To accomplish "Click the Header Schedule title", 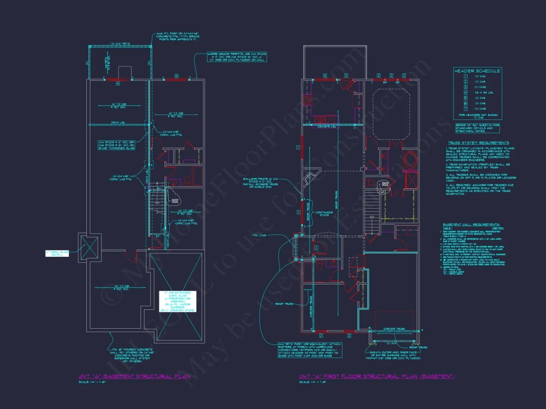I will (478, 71).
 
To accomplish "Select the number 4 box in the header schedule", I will (465, 93).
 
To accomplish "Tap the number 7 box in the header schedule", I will (465, 109).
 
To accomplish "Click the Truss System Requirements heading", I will (477, 142).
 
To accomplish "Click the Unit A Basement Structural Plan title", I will (134, 376).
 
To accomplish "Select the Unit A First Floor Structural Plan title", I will (377, 376).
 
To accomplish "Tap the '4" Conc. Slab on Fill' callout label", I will (57, 253).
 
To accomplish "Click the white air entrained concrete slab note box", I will (178, 301).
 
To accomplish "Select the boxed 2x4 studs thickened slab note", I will (116, 145).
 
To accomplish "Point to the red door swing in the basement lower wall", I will (130, 256).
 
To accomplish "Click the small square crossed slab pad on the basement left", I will (89, 247).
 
